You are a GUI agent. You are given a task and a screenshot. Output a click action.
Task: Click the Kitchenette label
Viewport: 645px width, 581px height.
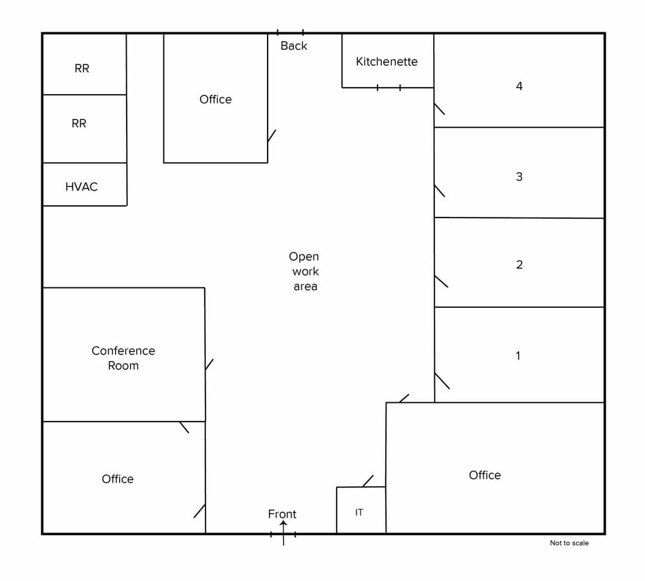tap(386, 62)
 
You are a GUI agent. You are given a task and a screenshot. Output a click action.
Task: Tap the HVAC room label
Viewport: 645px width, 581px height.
tap(81, 187)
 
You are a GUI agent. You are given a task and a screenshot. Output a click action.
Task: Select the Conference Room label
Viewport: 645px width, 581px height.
tap(123, 358)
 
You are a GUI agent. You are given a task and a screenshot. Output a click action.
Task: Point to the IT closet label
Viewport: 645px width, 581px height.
tap(359, 513)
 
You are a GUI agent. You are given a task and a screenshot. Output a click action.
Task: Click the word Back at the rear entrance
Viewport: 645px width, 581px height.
tap(294, 46)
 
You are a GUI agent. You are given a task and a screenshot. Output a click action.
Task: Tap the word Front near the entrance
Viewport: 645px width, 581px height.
tap(282, 514)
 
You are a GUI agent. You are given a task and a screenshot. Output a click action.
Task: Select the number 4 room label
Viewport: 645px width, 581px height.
tap(519, 86)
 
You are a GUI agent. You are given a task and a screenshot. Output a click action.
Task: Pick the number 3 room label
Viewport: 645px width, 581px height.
tap(519, 176)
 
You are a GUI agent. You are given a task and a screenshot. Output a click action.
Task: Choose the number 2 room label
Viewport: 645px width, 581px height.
tap(519, 265)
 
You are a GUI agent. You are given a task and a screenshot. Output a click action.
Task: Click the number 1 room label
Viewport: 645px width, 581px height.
tap(518, 356)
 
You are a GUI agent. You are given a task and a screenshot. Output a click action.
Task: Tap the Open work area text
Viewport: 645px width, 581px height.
tap(304, 271)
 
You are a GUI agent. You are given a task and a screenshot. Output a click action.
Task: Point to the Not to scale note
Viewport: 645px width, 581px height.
tap(569, 543)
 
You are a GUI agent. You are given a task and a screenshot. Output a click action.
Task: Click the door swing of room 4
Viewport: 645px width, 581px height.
tap(439, 109)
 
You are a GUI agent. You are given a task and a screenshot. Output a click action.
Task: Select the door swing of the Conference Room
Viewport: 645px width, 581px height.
tap(209, 365)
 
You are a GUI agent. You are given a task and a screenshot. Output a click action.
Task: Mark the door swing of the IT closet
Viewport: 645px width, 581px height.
tap(368, 481)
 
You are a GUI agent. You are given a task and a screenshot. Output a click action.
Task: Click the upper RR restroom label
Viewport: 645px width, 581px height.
tap(82, 68)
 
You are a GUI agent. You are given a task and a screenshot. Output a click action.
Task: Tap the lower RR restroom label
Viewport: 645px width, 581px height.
tap(79, 123)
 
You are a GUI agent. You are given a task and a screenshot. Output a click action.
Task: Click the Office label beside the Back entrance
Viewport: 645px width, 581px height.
tap(215, 99)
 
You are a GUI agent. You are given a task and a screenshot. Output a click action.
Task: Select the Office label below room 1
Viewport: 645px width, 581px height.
tap(485, 475)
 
